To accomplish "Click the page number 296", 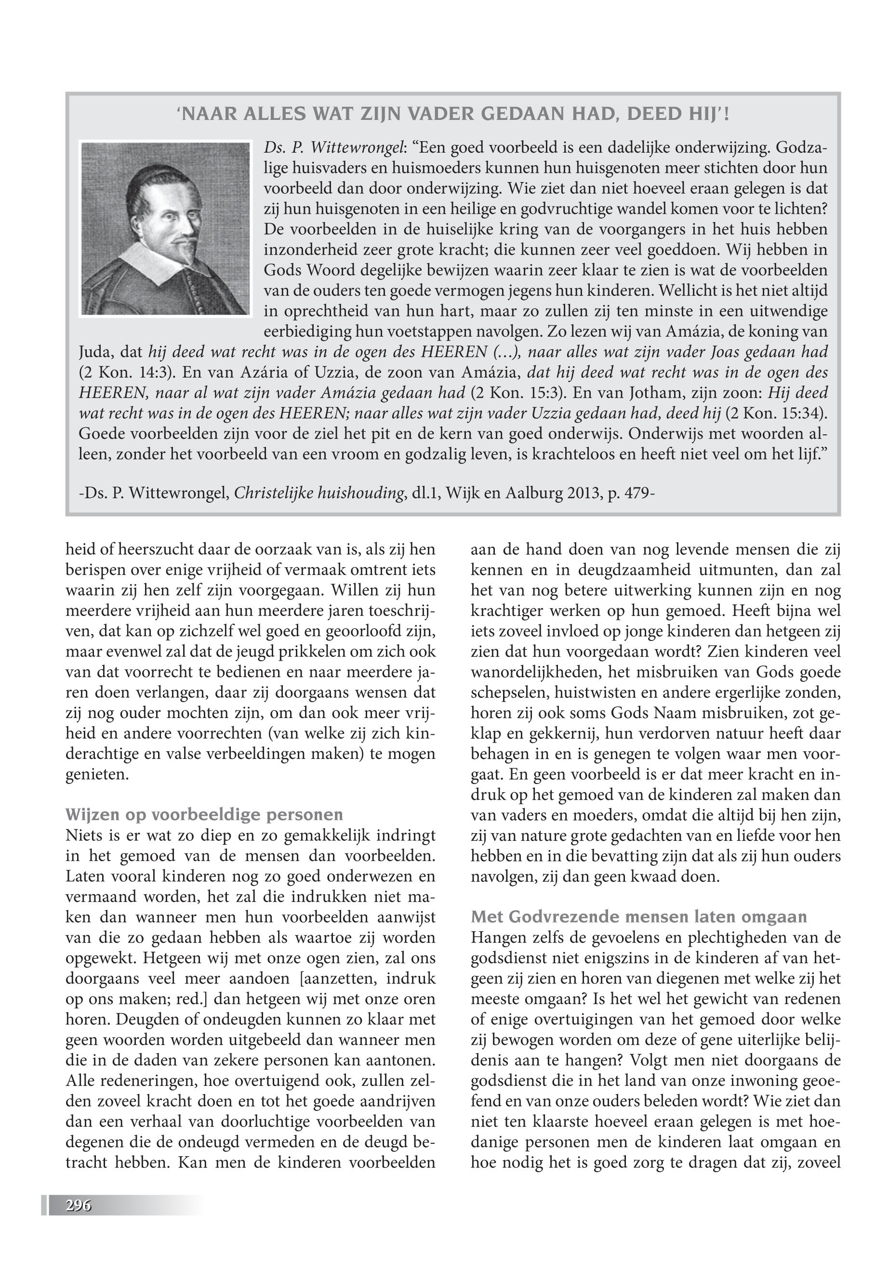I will (x=78, y=1206).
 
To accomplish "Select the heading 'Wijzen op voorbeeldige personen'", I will (x=204, y=815).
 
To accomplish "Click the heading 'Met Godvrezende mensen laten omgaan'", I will (x=638, y=917).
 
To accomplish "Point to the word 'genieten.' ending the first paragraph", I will (x=97, y=774).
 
